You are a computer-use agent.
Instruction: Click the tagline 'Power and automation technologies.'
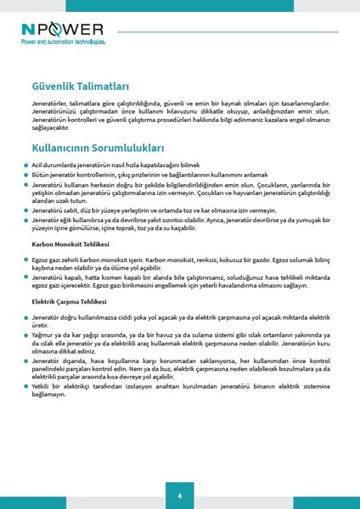click(x=65, y=41)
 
